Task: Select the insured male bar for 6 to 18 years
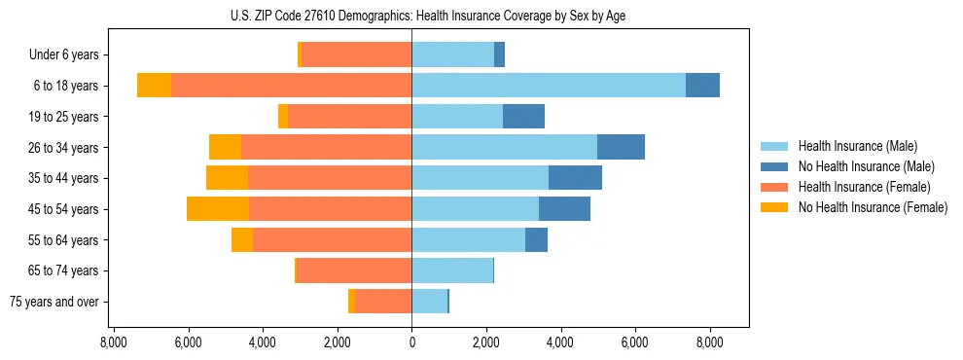[549, 85]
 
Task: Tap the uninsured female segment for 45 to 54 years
[218, 208]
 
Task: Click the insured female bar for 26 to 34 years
[326, 147]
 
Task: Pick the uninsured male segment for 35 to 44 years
[575, 178]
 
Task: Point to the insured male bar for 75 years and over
[429, 302]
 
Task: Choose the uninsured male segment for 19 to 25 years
[523, 116]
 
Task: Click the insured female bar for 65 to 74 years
[354, 270]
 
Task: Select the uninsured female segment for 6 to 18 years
[154, 85]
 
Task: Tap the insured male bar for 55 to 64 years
[468, 239]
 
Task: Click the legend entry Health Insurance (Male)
[857, 146]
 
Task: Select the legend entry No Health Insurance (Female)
[873, 207]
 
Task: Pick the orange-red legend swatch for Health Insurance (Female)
[774, 187]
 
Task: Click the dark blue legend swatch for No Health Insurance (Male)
[774, 166]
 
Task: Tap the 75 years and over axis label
[53, 302]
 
